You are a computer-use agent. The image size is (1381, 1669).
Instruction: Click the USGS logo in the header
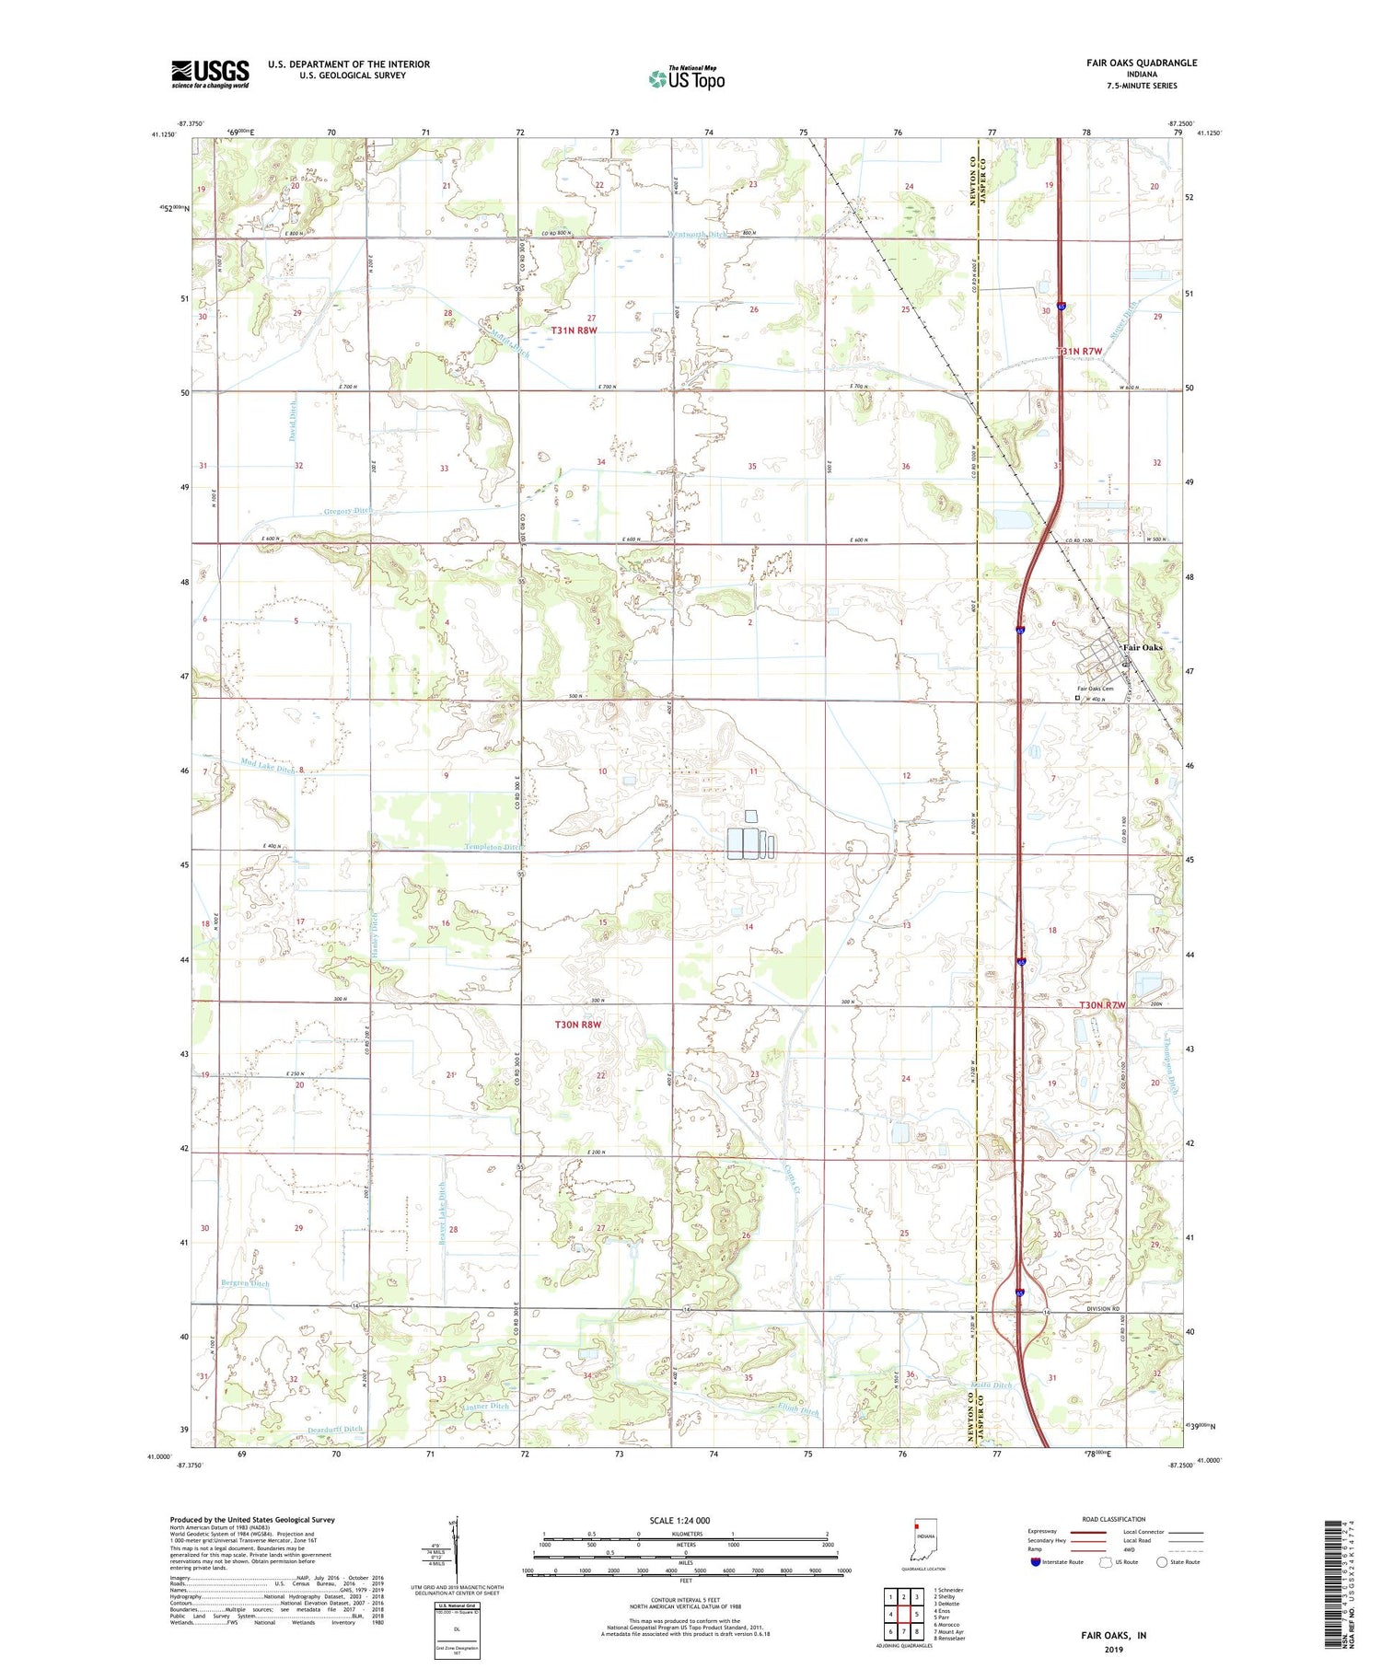[210, 74]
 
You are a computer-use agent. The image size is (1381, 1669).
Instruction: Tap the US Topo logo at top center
[687, 79]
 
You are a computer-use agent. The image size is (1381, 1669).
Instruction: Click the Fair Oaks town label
[1142, 647]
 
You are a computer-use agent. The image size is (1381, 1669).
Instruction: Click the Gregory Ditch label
[350, 511]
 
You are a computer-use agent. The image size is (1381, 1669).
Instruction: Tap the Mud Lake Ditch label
[268, 765]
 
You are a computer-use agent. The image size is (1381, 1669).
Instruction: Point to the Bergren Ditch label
[245, 1283]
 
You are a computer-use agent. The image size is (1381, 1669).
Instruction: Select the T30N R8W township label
[577, 1025]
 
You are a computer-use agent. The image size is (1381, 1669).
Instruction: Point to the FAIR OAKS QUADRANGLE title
[1142, 63]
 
